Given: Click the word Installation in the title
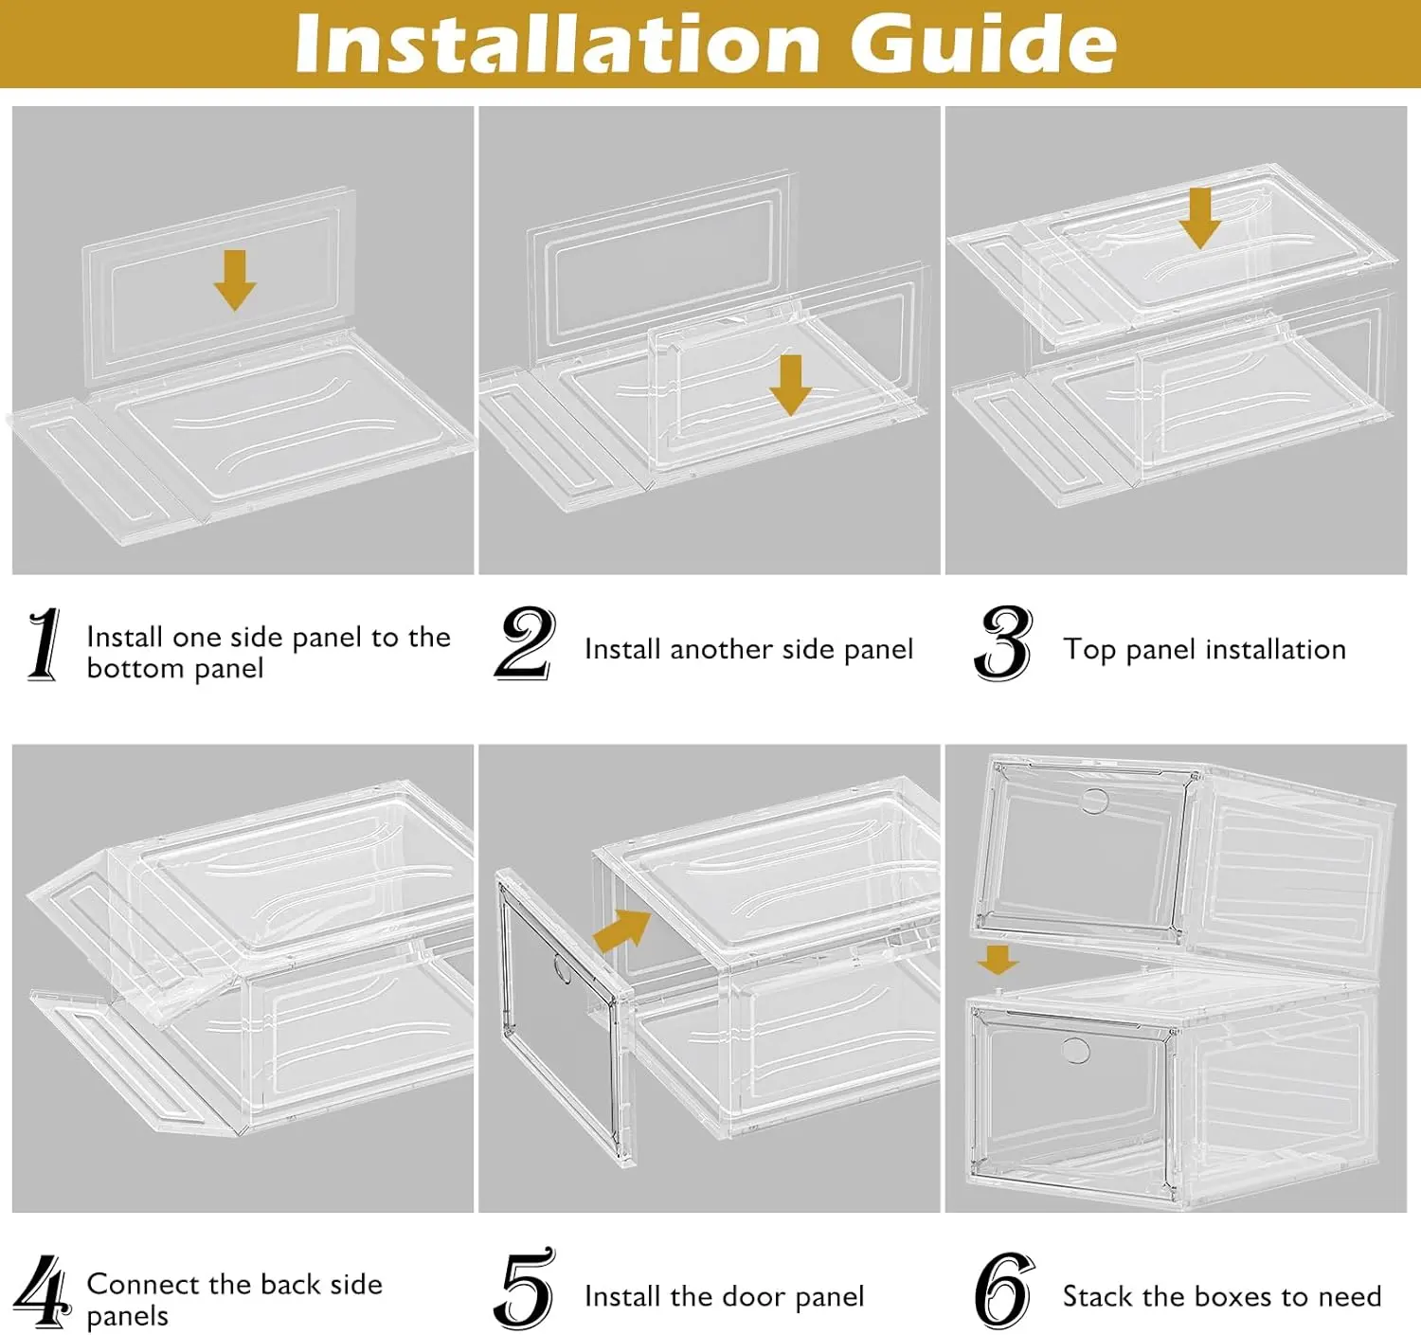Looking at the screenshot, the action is (x=557, y=45).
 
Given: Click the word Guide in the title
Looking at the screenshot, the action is (x=982, y=45).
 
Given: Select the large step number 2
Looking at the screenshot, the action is (x=525, y=642).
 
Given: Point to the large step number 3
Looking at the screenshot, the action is (x=1002, y=642).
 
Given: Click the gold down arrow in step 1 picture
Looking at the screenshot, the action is (x=235, y=280).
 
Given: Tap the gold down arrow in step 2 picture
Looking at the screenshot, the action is (x=791, y=385).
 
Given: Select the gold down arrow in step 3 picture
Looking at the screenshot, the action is (x=1200, y=219).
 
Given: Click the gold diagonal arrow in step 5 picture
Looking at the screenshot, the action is (x=621, y=930).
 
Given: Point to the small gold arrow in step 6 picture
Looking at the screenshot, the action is (x=998, y=960).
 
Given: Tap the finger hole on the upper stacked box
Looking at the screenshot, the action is (x=1094, y=801).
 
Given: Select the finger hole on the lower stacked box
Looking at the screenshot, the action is (x=1074, y=1050).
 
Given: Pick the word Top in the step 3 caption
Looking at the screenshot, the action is (x=1089, y=650).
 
